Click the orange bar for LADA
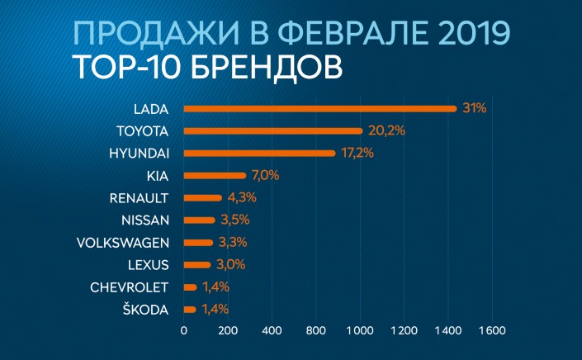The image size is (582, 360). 319,108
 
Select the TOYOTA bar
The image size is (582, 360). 272,130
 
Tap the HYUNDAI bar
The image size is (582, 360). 259,153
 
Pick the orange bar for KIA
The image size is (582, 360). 215,175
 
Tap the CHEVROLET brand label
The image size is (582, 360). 130,287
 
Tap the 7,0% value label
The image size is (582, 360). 265,175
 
